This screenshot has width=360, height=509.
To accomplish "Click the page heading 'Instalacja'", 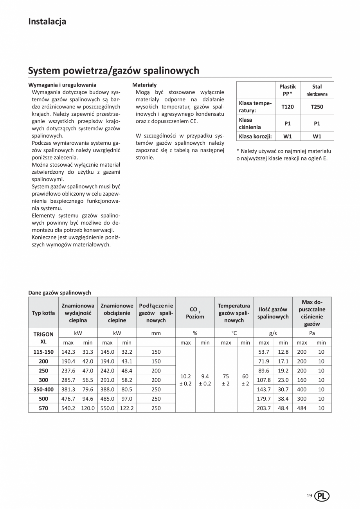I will [x=47, y=22].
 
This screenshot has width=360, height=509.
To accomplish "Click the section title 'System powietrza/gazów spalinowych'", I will [x=113, y=70].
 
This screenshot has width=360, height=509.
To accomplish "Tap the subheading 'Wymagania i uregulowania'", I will [x=62, y=85].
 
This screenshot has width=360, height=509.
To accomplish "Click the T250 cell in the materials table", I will [x=317, y=106].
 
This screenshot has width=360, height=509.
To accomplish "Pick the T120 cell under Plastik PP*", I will [x=288, y=106].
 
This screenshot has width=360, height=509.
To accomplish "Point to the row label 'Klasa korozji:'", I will [x=255, y=137].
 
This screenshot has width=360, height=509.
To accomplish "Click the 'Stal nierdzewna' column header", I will [x=317, y=90].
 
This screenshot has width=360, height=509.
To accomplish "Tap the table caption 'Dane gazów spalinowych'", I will [x=59, y=292].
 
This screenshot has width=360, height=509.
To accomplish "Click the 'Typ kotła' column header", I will [x=43, y=313].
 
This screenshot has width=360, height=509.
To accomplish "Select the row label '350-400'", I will [x=43, y=389].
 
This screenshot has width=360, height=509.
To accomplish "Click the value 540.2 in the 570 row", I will [x=68, y=408].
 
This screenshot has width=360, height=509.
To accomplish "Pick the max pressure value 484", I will [x=302, y=408].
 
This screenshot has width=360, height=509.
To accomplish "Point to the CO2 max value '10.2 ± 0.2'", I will [x=185, y=380].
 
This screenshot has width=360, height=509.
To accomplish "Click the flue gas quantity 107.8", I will [x=264, y=380].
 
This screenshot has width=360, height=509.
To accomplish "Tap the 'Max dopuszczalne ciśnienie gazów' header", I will [x=312, y=313].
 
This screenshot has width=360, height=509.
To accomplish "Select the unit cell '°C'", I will [x=234, y=333].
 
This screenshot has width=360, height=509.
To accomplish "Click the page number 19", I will [x=309, y=496].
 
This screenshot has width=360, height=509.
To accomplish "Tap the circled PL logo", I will [x=322, y=496].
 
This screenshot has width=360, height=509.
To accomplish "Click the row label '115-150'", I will [x=43, y=352].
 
